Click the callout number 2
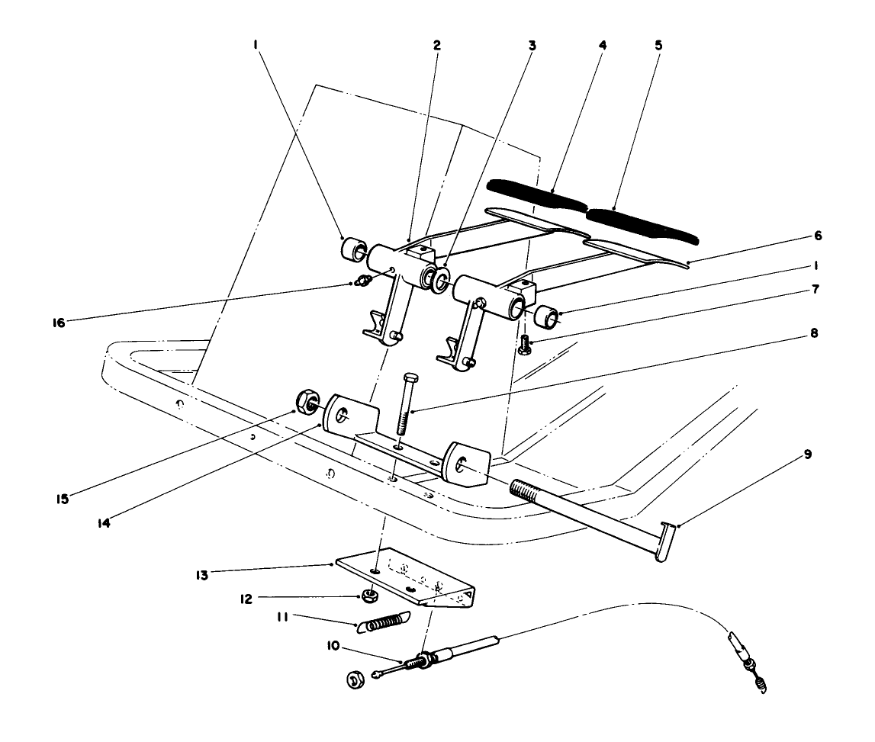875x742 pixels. [436, 45]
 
